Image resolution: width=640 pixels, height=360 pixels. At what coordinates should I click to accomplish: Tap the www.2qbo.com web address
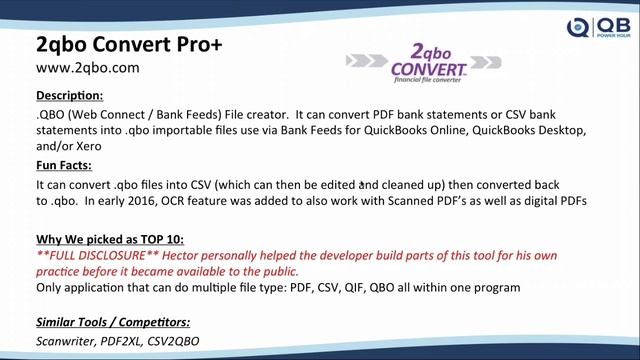pos(87,68)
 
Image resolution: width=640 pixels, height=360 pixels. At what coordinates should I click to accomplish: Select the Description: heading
pos(69,95)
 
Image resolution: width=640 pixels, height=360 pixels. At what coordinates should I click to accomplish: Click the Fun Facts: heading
pos(64,165)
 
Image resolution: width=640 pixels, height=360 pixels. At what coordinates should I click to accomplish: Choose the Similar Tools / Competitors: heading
pos(112,322)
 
